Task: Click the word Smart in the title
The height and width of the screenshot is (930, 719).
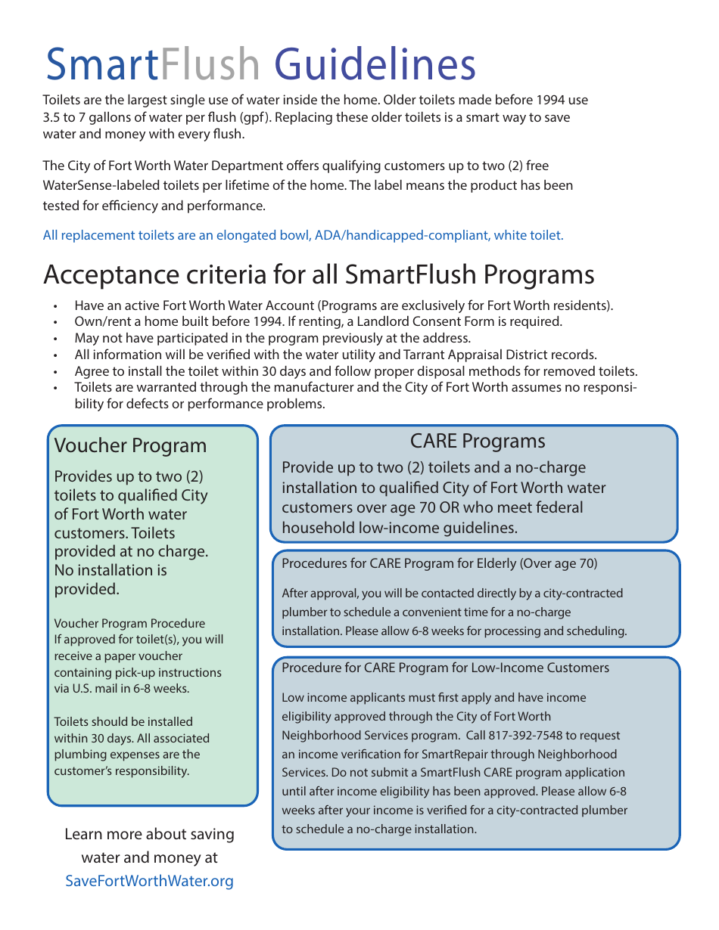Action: [101, 65]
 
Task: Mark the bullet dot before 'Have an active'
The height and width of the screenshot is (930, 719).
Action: [55, 306]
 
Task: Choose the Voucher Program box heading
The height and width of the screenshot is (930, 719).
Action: [130, 446]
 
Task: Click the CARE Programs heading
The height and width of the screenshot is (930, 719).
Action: [477, 442]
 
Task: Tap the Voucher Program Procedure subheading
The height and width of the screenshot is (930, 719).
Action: [129, 624]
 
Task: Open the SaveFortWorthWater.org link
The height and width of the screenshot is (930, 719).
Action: [149, 881]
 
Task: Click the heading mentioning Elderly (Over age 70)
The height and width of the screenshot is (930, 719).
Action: [439, 563]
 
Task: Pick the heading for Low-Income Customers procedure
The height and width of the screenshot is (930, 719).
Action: [445, 668]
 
